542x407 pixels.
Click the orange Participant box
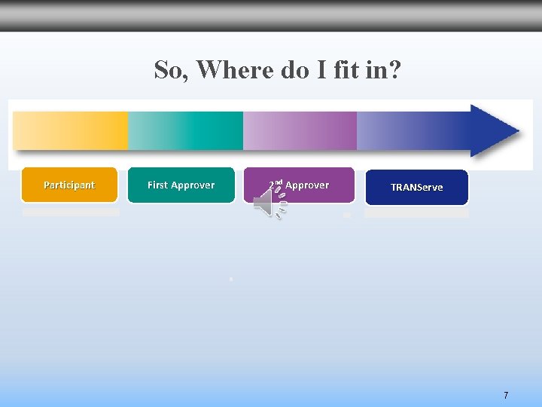(69, 185)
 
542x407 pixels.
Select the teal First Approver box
(181, 185)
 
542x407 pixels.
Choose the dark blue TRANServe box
(416, 188)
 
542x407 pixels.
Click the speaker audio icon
(269, 203)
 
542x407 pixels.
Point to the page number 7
(506, 395)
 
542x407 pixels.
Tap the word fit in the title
(346, 70)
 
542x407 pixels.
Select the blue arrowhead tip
(497, 131)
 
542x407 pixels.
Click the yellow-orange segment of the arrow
(71, 131)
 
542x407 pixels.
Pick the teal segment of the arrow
(185, 131)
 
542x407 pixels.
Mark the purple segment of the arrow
(300, 131)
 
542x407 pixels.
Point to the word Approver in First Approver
(193, 185)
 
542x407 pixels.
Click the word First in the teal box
(157, 185)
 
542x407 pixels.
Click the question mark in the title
(395, 70)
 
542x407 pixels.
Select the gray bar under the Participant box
(71, 212)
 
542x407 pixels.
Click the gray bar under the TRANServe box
(416, 213)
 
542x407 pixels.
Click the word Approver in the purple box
(307, 185)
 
